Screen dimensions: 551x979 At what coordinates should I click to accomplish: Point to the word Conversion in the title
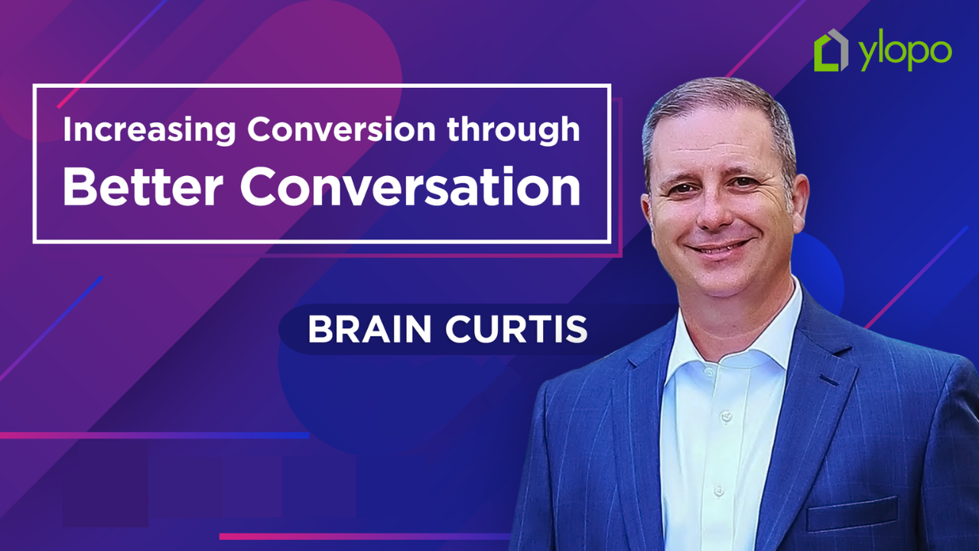(343, 130)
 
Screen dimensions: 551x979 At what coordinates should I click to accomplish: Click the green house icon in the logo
(831, 51)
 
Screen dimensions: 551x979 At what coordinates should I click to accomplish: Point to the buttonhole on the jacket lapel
(829, 380)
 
